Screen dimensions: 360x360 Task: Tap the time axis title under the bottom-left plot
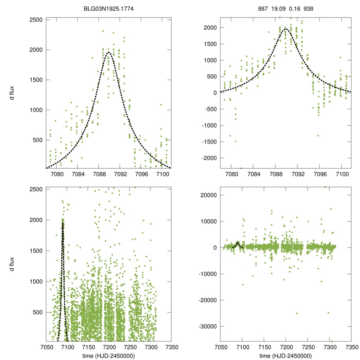tap(108, 355)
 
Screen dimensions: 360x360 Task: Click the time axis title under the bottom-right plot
tap(286, 355)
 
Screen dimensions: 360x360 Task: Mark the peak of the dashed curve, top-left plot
tap(108, 52)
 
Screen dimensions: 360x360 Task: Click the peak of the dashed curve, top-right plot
tap(286, 29)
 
